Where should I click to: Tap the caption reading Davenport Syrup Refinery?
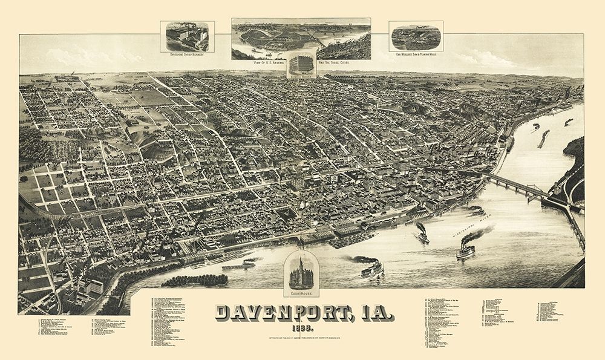(187, 54)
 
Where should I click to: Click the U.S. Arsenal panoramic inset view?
(301, 38)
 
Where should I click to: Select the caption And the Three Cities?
(332, 62)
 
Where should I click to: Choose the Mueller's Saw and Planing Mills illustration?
(415, 36)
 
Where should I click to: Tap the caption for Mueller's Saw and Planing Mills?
(416, 54)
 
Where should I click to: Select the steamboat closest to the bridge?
(475, 211)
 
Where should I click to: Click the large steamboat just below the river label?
(465, 249)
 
